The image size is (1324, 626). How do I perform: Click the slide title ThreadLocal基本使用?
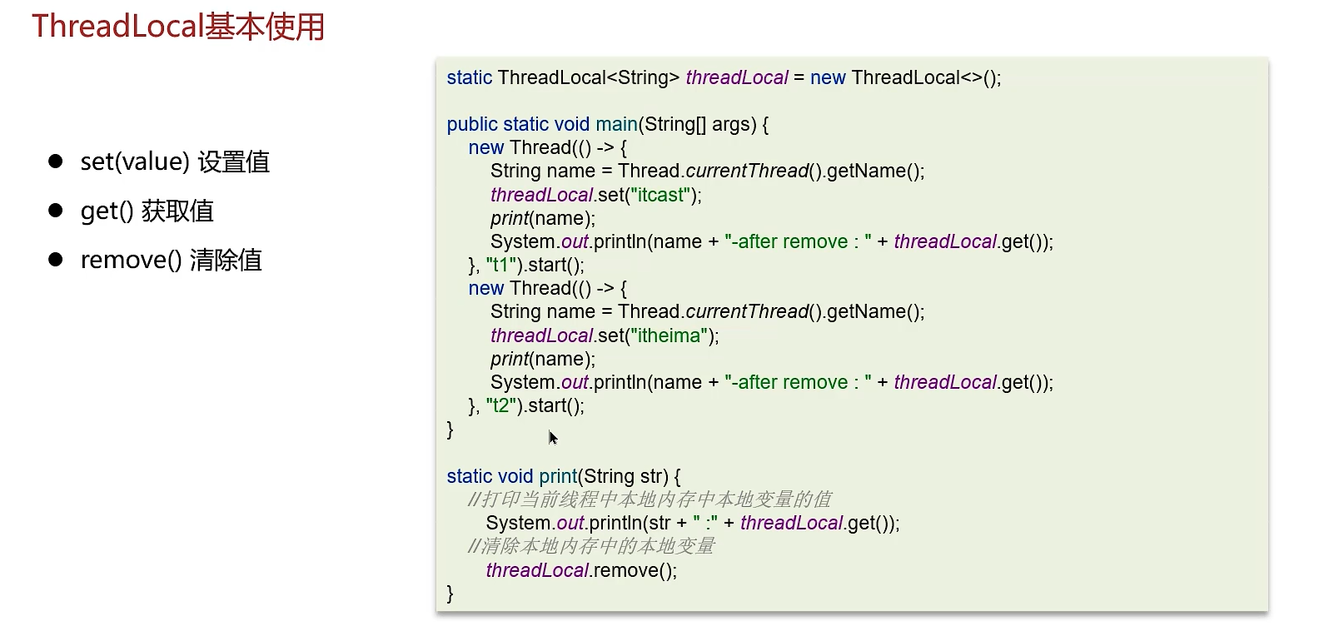pos(177,27)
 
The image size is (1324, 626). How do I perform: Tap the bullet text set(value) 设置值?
pos(175,161)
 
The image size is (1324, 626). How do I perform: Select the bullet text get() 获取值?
pos(147,211)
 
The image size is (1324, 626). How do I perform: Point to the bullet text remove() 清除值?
pos(171,260)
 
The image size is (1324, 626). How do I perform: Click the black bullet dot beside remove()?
pos(56,260)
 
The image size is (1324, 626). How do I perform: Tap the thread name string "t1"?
pos(501,265)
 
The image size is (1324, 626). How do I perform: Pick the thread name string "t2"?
pos(501,405)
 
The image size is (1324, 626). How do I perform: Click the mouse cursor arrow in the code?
pos(552,437)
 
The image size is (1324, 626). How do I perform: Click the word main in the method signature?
pos(616,124)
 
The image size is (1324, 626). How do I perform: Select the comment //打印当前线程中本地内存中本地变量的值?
pos(650,499)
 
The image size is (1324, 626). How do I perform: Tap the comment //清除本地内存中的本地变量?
pos(591,546)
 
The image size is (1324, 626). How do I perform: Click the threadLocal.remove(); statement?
pos(581,570)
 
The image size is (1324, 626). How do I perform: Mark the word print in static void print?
pos(558,476)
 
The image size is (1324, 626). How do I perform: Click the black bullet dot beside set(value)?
pos(56,161)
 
